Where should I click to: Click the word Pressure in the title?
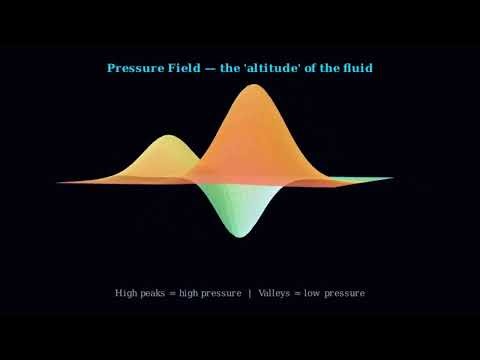pyautogui.click(x=134, y=68)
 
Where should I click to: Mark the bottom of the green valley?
pyautogui.click(x=236, y=235)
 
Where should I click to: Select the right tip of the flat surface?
pyautogui.click(x=393, y=179)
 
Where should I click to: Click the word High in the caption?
pyautogui.click(x=126, y=293)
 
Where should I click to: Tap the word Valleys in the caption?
pyautogui.click(x=276, y=293)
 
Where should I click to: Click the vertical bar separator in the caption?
pyautogui.click(x=249, y=293)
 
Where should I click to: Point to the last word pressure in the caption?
pyautogui.click(x=346, y=293)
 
